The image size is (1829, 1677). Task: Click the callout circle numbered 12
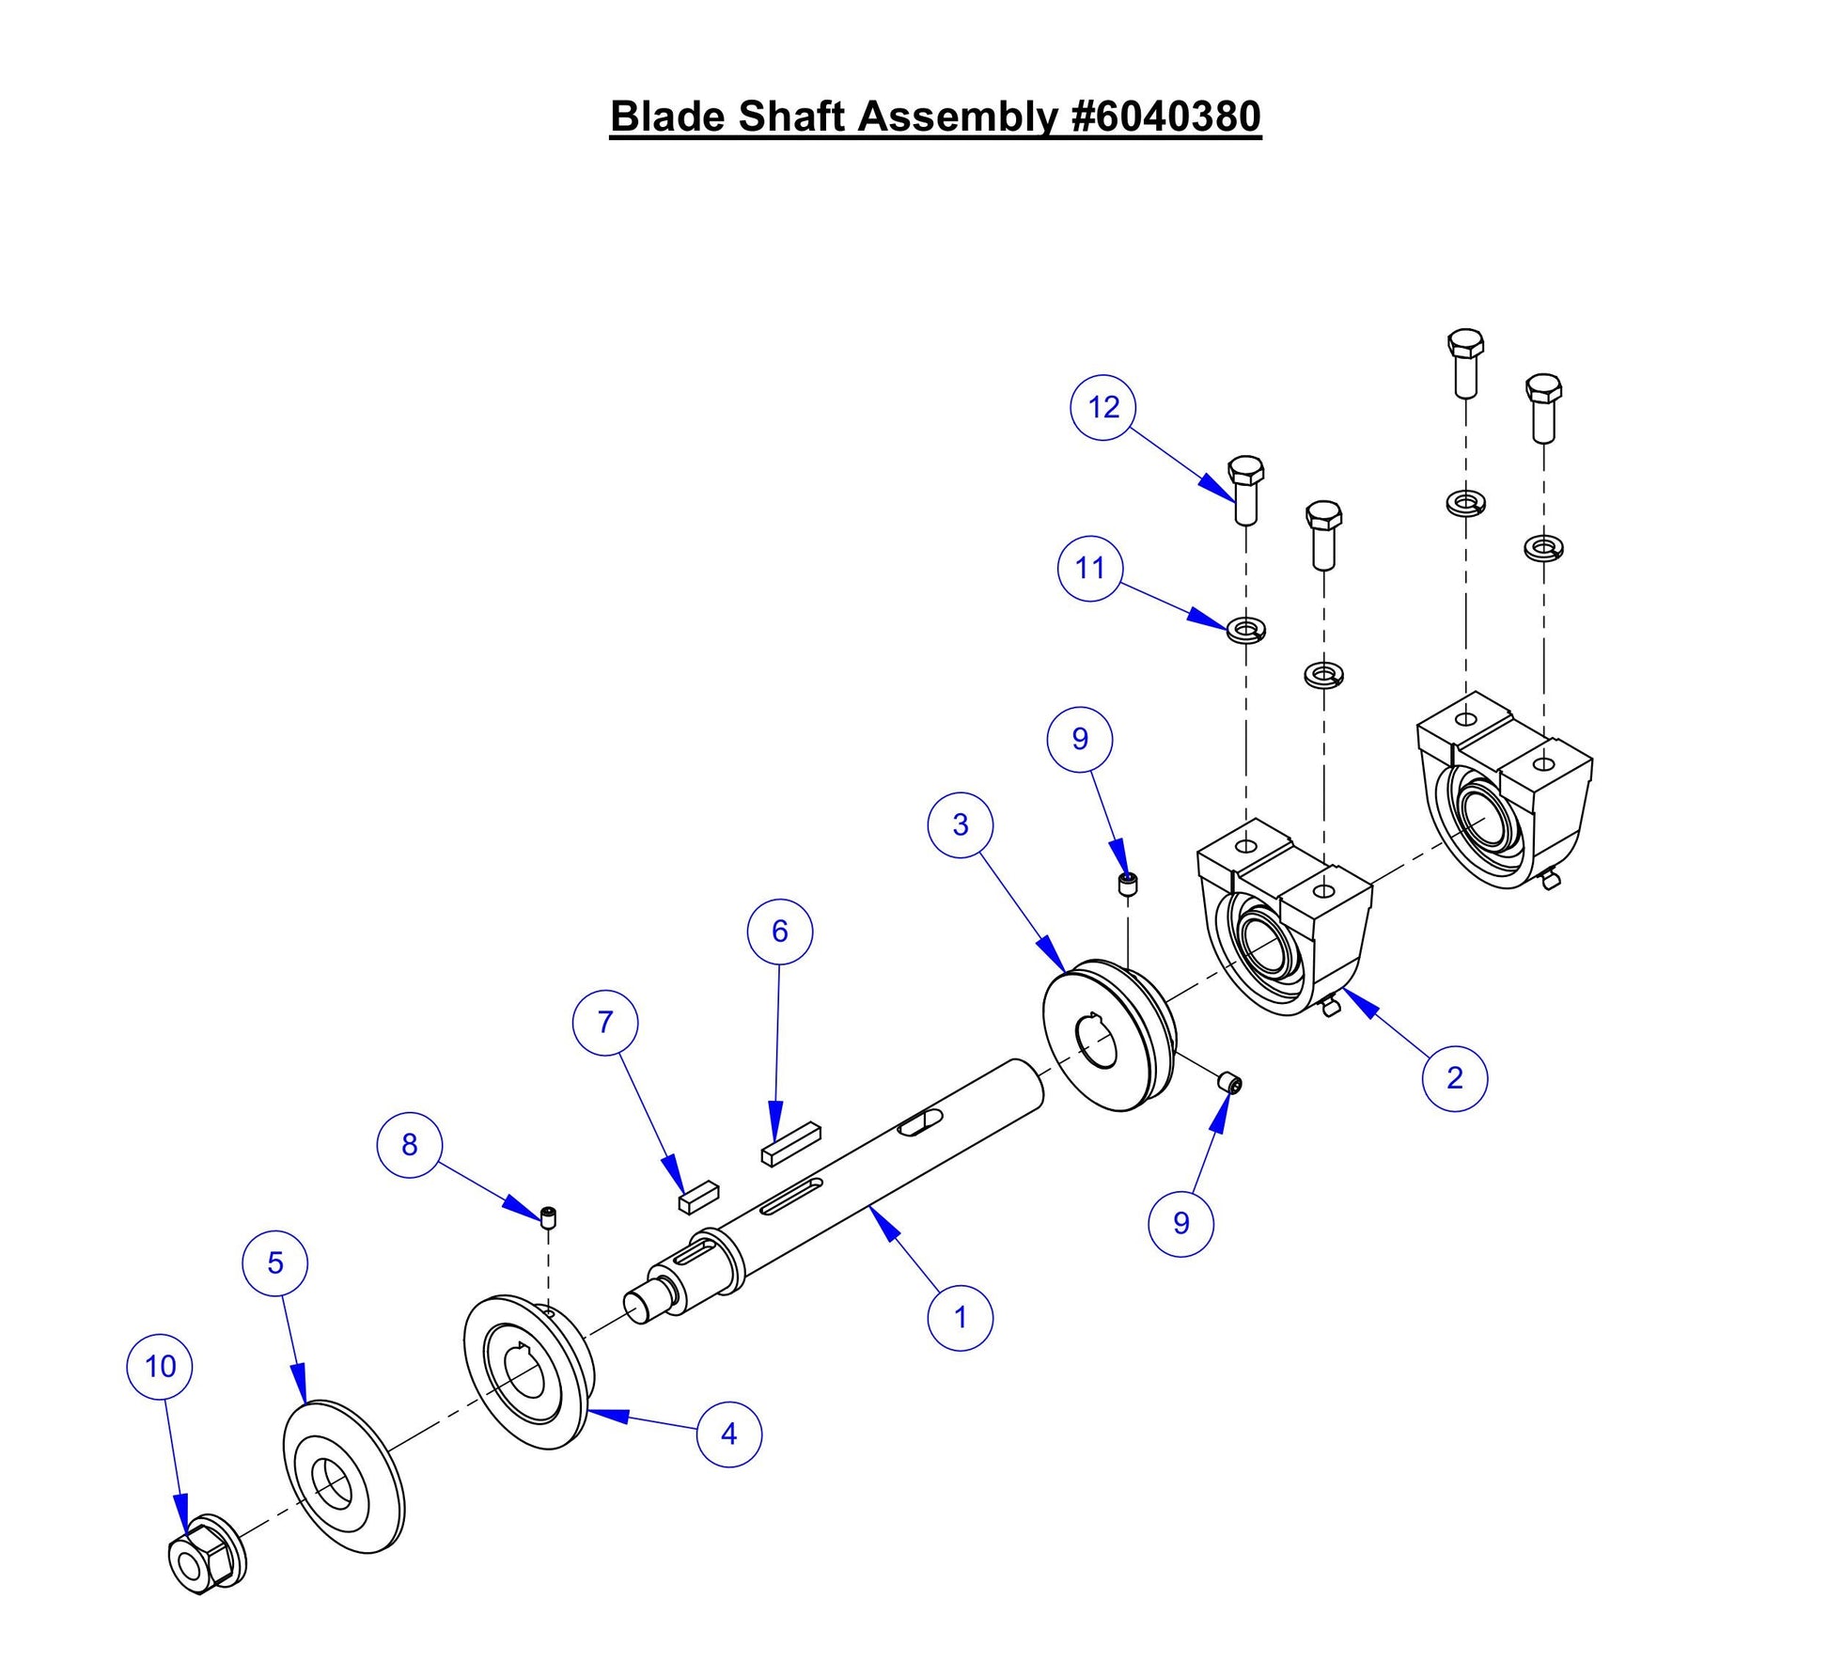click(x=1102, y=408)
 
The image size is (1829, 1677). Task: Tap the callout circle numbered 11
click(x=1089, y=568)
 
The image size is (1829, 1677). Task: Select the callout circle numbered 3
click(x=960, y=824)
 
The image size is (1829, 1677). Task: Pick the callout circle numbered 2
click(x=1454, y=1078)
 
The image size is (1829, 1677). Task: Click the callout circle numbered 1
click(x=960, y=1318)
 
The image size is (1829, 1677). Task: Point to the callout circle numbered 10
click(x=160, y=1366)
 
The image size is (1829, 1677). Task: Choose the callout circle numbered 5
click(x=274, y=1262)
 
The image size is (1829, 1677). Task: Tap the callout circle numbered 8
click(x=409, y=1144)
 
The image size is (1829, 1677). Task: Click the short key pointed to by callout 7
click(x=698, y=1197)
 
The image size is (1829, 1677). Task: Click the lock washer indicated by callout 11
click(x=1246, y=627)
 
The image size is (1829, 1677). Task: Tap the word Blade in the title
click(x=667, y=117)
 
